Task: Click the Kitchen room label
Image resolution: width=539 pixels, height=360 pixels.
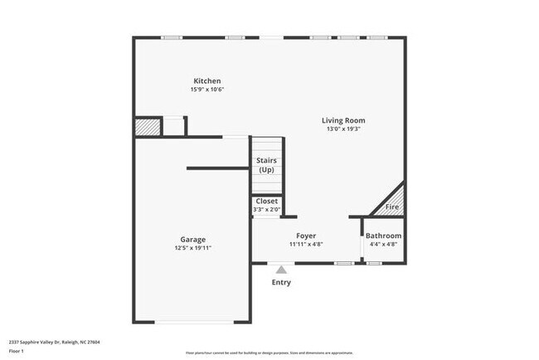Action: coord(207,80)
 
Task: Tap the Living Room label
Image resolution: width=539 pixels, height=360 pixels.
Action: coord(343,120)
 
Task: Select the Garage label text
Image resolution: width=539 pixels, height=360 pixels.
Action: coord(193,240)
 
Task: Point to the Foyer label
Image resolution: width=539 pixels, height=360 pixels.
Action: coord(306,236)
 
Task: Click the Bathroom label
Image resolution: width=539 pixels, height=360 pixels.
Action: coord(383,236)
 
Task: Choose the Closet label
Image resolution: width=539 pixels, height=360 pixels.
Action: coord(267,202)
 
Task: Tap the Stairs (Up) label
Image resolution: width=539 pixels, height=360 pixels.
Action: coord(266,165)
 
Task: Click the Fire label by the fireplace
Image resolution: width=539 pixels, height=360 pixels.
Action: coord(392,207)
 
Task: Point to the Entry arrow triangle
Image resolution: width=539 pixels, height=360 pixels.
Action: coord(282,270)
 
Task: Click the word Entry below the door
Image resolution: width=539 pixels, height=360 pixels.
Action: coord(282,283)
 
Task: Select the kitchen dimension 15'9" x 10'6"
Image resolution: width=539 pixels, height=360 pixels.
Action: coord(207,90)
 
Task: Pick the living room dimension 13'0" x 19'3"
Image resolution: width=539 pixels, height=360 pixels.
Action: coord(343,129)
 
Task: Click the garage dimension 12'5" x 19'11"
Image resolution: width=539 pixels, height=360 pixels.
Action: coord(193,248)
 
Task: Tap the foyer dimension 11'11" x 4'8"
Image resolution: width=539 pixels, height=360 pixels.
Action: coord(306,245)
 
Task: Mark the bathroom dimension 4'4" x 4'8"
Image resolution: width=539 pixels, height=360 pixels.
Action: coord(383,245)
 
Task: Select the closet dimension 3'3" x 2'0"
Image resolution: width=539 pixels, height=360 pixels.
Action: coord(267,210)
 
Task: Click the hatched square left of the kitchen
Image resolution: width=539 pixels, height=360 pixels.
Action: coord(147,126)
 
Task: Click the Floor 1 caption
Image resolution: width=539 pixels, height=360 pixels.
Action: coord(17,351)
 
